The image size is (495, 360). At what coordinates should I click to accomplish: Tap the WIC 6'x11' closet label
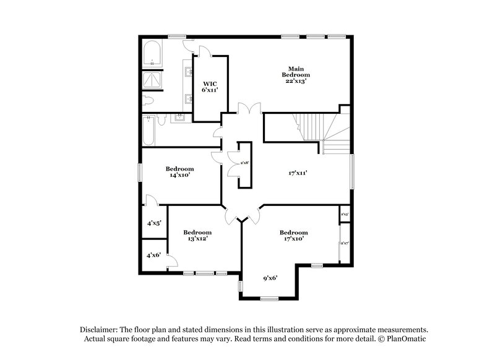(x=210, y=86)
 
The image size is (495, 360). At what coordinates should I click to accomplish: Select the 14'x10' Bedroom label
(x=179, y=171)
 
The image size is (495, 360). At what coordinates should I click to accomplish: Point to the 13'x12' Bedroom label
(x=197, y=235)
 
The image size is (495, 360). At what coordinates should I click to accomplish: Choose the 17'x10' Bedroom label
(x=293, y=235)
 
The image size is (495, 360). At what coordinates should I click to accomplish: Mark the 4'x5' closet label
(x=153, y=223)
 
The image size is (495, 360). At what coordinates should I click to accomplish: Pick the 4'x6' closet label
(x=153, y=255)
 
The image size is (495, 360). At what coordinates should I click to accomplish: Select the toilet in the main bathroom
(x=148, y=100)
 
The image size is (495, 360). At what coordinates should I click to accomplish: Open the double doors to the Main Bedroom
(x=244, y=109)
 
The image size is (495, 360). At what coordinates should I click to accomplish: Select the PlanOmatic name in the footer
(x=406, y=339)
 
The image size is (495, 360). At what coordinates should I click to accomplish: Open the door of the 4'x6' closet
(x=172, y=262)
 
